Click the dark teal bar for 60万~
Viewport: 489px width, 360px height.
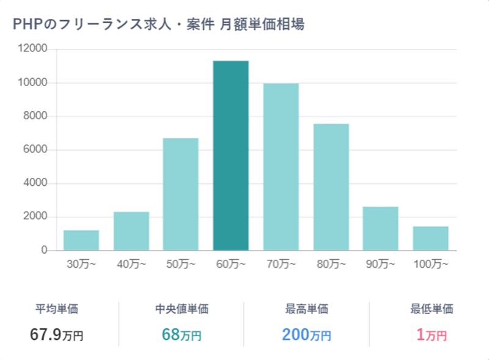pos(230,156)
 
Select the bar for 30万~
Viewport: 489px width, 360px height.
pos(81,240)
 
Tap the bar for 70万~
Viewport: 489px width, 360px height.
pos(281,167)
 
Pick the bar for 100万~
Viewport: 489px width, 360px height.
pos(430,238)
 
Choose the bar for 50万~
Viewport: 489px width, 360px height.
pos(180,194)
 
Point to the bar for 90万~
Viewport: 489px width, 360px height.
pos(380,229)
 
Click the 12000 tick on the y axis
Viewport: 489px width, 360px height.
pos(34,49)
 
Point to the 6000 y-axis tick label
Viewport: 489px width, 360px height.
pos(37,150)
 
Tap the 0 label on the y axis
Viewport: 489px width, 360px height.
pos(44,251)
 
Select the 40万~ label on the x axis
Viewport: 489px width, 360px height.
pos(131,265)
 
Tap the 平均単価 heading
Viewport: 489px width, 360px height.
pos(57,309)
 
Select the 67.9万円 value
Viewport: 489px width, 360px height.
pos(56,334)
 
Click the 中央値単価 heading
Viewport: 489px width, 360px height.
pos(182,309)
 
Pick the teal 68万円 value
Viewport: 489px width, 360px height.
pos(182,334)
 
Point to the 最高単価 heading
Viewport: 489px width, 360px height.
pos(306,309)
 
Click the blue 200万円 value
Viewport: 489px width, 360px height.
pos(306,334)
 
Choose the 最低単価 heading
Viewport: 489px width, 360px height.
pos(432,309)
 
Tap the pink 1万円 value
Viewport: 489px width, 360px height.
pos(432,334)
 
